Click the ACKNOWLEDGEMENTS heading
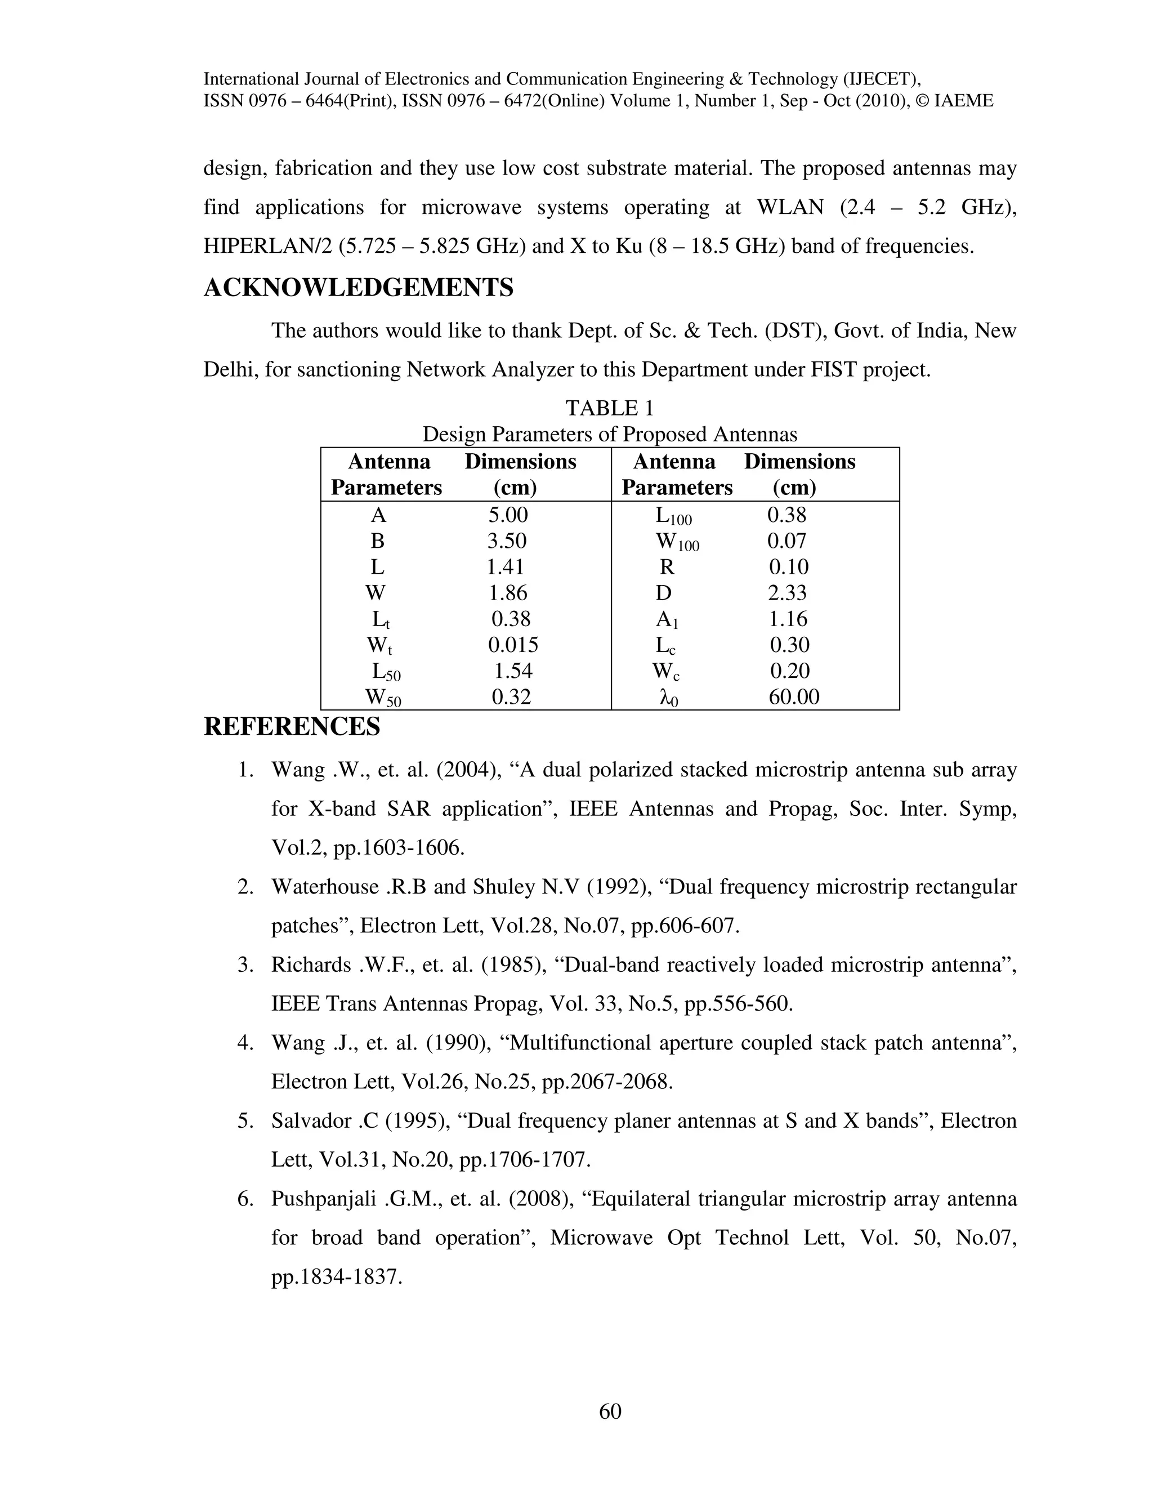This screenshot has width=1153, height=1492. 358,288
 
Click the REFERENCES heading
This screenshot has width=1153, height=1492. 292,726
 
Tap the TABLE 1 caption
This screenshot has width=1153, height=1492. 609,409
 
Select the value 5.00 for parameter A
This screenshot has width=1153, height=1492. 507,515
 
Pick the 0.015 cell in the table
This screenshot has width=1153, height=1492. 512,645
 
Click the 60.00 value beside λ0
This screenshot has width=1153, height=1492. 794,697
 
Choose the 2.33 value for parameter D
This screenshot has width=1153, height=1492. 787,593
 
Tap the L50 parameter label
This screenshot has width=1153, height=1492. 386,672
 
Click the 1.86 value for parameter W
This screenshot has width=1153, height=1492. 507,593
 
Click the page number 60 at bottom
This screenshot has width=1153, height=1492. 610,1411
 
